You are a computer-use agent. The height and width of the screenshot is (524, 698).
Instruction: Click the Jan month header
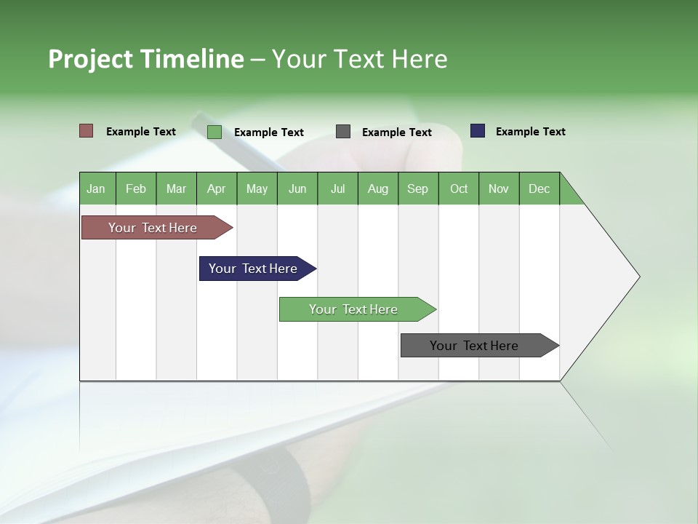[97, 188]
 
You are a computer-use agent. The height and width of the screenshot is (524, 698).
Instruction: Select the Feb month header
[136, 188]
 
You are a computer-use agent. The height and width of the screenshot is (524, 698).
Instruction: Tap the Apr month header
[216, 188]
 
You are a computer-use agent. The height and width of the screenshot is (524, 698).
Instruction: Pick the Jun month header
[297, 188]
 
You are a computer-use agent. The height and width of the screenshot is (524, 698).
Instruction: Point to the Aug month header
[377, 188]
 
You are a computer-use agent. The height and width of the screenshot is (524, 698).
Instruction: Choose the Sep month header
[417, 188]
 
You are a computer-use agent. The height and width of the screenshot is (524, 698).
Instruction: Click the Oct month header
[459, 188]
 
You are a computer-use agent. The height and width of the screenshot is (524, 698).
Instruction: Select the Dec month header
[539, 188]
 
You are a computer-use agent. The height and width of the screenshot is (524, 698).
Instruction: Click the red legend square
[87, 131]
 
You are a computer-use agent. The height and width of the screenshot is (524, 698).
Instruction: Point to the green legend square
[214, 132]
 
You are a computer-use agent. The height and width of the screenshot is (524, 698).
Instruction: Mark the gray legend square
[343, 132]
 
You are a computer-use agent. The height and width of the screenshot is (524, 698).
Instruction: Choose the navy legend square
[478, 131]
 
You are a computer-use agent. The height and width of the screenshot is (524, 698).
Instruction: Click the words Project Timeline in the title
[145, 59]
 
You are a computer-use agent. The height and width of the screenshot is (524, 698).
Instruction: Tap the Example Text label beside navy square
[530, 132]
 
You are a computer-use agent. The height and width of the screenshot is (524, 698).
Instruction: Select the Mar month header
[176, 188]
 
